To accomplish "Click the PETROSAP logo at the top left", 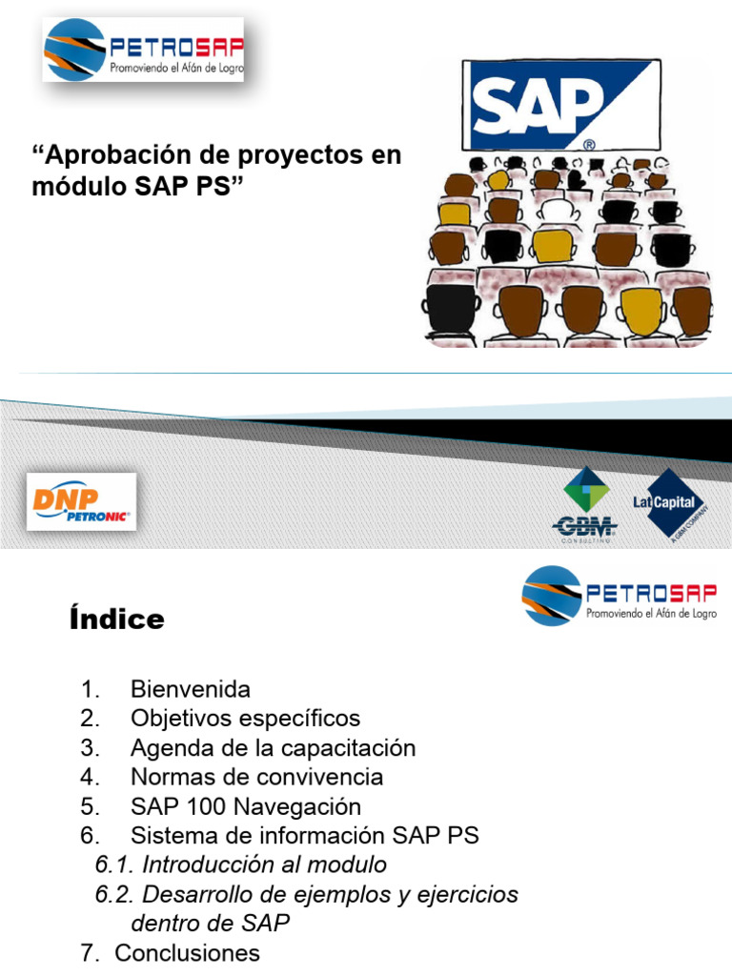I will click(143, 50).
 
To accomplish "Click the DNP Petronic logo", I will click(81, 502).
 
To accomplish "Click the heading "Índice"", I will click(116, 620).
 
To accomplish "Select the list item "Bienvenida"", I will click(191, 689).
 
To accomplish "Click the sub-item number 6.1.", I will click(115, 865).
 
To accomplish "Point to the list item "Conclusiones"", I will click(187, 953).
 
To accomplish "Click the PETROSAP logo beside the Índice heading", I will click(620, 596).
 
